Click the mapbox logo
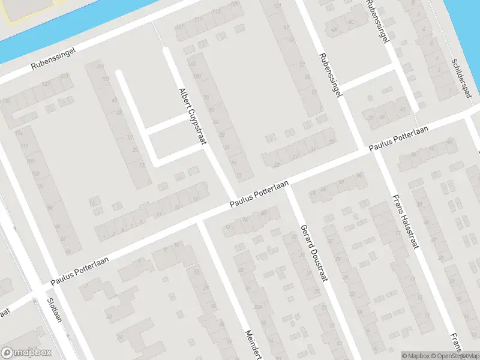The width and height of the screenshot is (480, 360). point(26,353)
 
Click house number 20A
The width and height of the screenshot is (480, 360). point(257,308)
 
